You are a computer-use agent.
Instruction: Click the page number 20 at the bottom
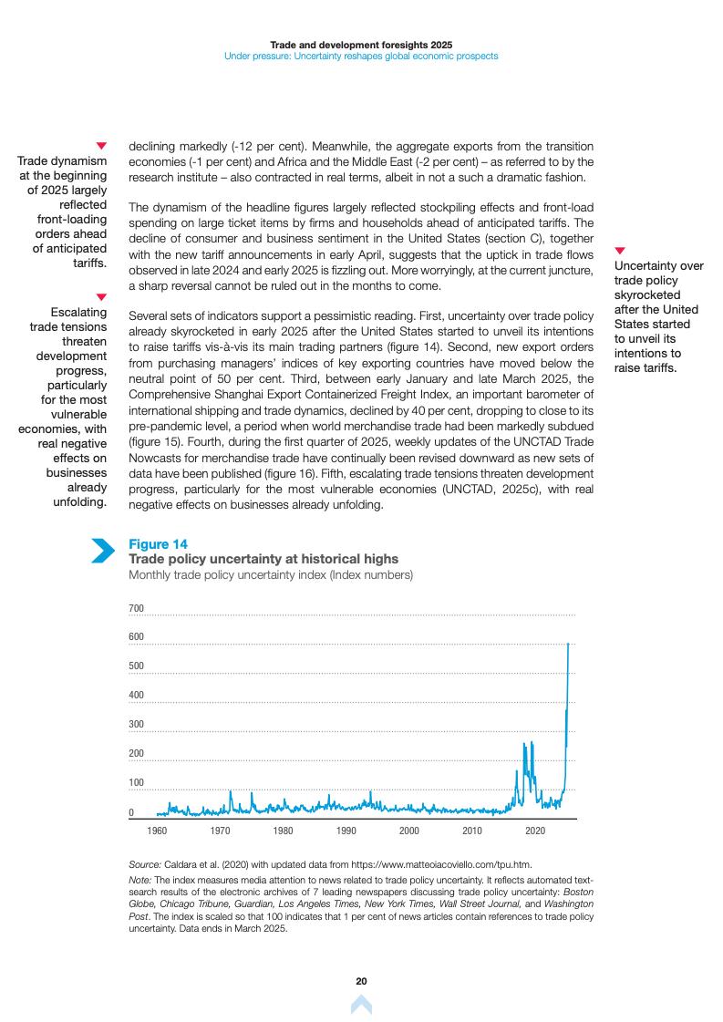pos(361,981)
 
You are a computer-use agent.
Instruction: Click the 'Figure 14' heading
pos(159,544)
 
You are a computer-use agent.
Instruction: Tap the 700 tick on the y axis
pos(136,608)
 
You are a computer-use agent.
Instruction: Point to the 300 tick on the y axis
pos(136,725)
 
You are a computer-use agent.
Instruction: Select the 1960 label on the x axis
pos(157,831)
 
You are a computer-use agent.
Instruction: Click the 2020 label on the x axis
pos(535,831)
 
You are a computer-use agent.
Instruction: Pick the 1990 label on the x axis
pos(346,831)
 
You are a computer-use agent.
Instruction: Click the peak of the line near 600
pos(569,644)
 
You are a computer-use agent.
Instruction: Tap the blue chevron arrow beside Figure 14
pos(103,551)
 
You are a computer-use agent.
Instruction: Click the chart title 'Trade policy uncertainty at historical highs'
pos(263,559)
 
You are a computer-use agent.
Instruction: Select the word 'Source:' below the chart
pos(145,863)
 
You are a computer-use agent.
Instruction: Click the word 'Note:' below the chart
pos(140,879)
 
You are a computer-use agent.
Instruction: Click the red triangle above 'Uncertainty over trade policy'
pos(620,250)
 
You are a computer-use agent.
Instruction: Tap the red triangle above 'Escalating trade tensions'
pos(101,296)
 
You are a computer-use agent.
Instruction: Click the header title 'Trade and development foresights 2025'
pos(361,44)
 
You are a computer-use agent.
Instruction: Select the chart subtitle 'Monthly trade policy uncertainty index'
pos(271,575)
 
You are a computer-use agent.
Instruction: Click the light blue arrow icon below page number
pos(361,1005)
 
